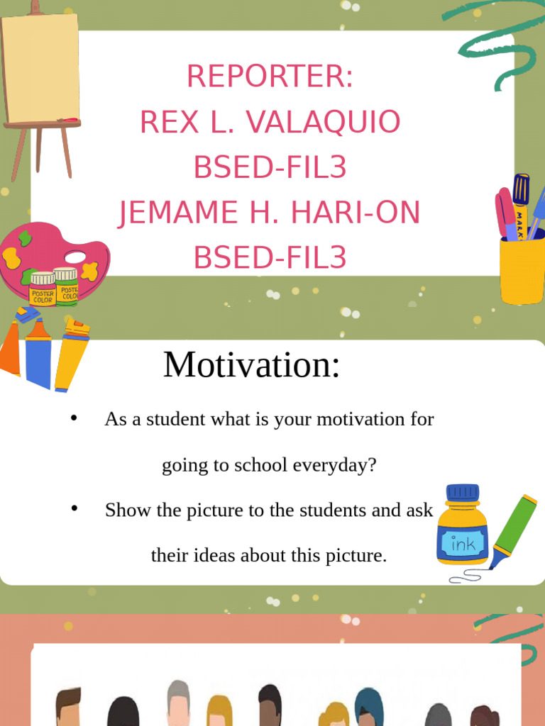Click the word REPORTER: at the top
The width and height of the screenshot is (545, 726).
click(x=270, y=76)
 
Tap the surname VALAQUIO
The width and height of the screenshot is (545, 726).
click(x=323, y=122)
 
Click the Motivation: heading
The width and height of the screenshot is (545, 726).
click(x=252, y=364)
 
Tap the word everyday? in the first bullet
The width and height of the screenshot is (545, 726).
click(x=334, y=465)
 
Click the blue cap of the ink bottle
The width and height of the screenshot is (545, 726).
click(x=463, y=492)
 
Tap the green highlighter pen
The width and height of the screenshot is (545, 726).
click(x=514, y=530)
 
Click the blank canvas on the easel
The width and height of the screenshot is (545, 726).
click(x=40, y=69)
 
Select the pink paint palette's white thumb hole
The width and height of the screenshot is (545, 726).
click(x=75, y=257)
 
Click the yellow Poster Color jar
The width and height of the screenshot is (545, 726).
click(x=43, y=289)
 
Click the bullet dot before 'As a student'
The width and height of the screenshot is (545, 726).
click(x=74, y=418)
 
